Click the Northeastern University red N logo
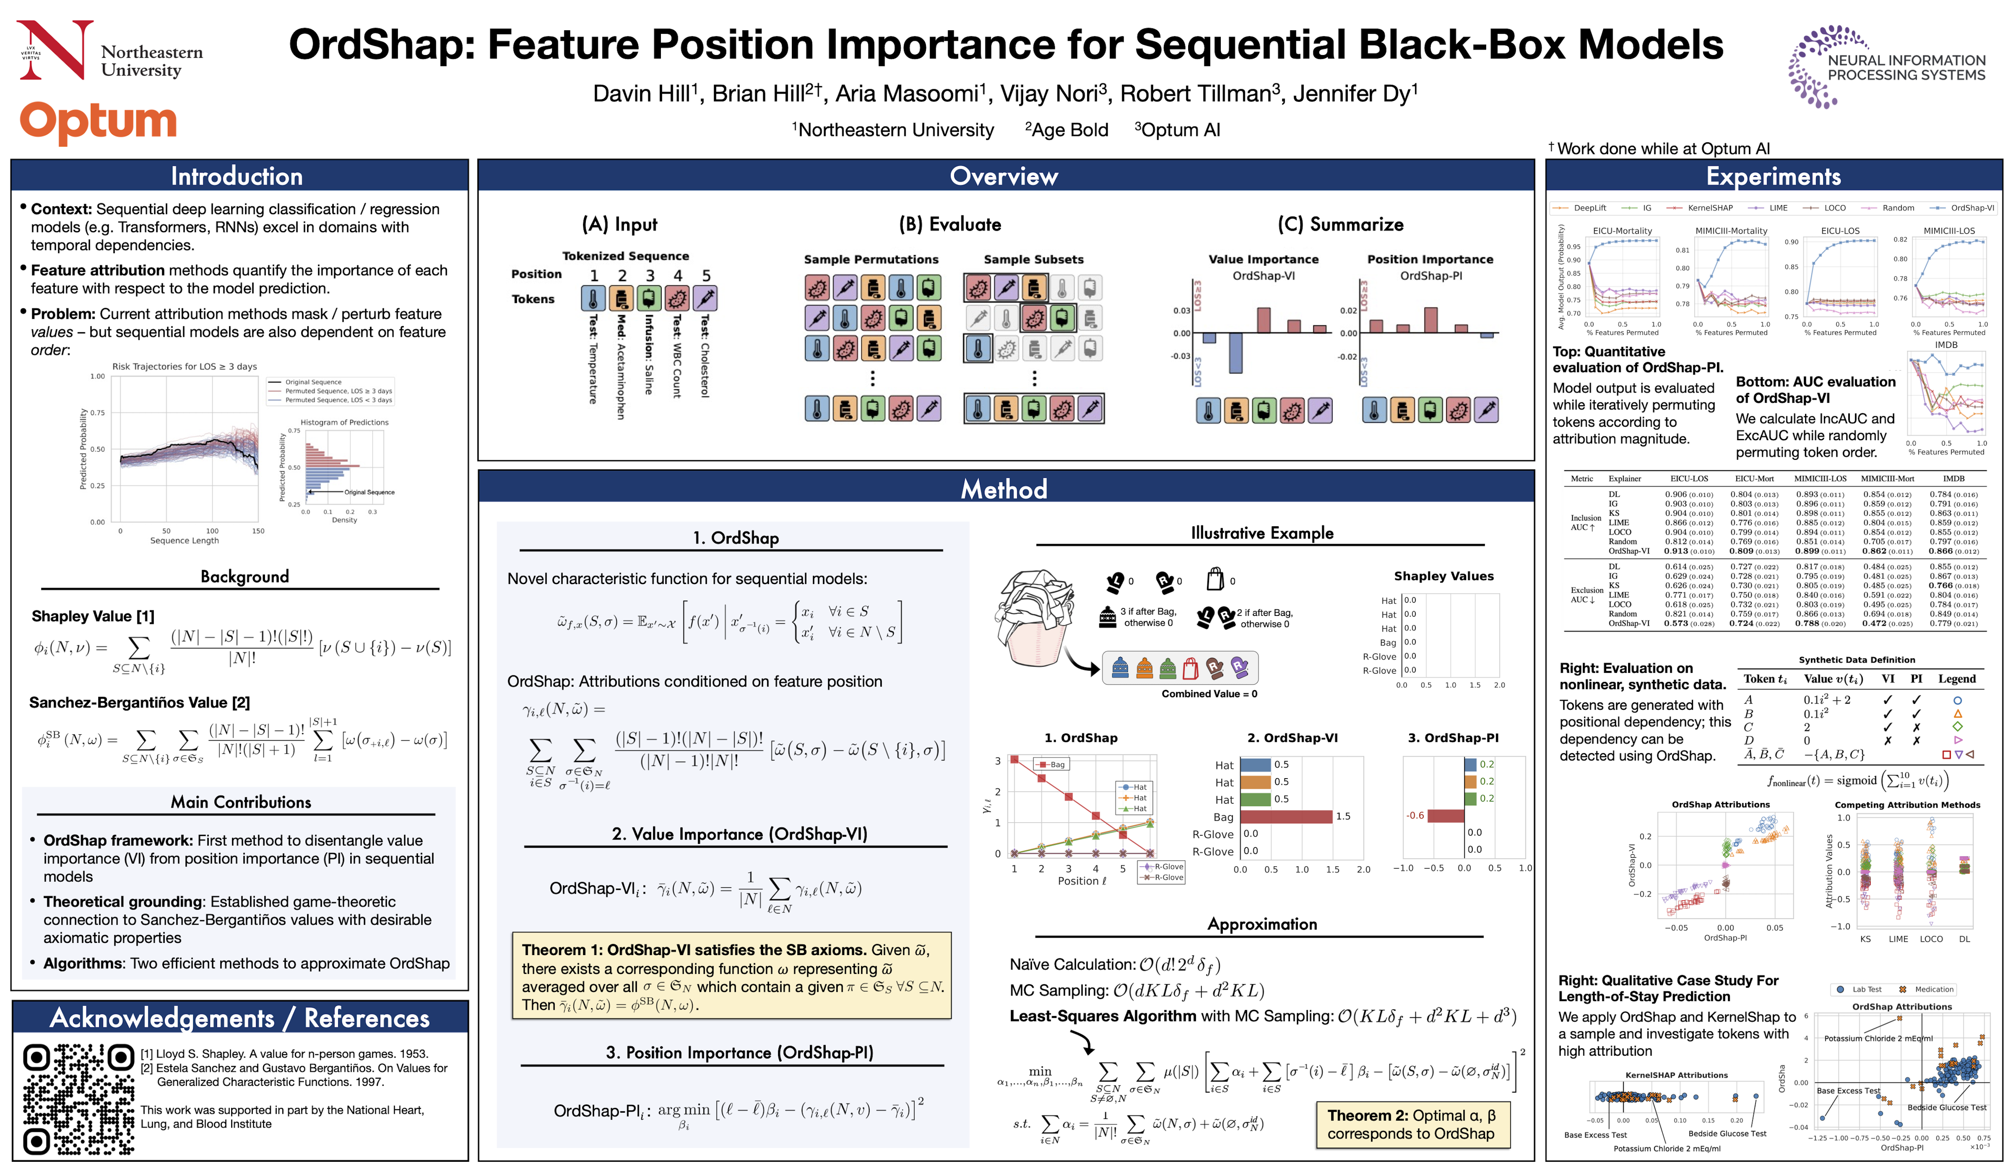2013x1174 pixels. point(54,49)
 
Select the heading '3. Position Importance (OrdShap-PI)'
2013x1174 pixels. point(739,1053)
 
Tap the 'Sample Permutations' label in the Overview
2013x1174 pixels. point(871,260)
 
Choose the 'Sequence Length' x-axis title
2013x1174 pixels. point(185,541)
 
